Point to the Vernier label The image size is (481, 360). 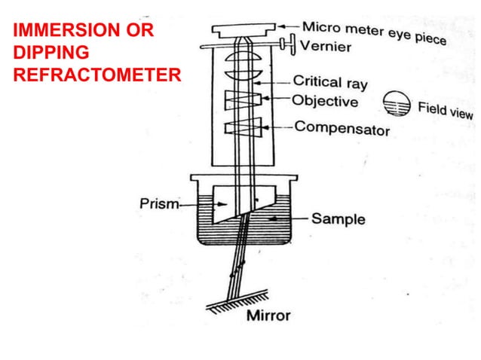325,47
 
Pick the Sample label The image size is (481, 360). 339,219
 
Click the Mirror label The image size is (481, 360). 268,314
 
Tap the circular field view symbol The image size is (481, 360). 394,102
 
